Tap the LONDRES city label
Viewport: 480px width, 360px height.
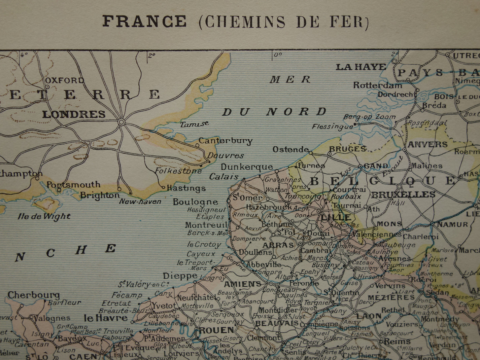(x=74, y=114)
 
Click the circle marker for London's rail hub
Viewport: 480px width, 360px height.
(x=122, y=122)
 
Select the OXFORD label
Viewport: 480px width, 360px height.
(x=64, y=80)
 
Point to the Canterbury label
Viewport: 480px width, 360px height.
(x=225, y=141)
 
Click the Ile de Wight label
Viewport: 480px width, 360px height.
(x=44, y=216)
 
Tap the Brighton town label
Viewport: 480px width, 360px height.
(x=100, y=195)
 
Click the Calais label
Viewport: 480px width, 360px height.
(x=224, y=177)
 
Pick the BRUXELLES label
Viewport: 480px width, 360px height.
(x=403, y=194)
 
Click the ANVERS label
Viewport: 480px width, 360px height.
(x=427, y=145)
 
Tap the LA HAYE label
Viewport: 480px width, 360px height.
(x=361, y=67)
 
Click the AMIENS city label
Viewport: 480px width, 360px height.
(x=242, y=284)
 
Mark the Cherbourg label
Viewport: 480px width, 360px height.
(x=33, y=295)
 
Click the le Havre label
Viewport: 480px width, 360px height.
(x=106, y=318)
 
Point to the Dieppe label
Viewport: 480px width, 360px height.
(x=180, y=276)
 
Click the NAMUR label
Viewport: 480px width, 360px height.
(x=453, y=224)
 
